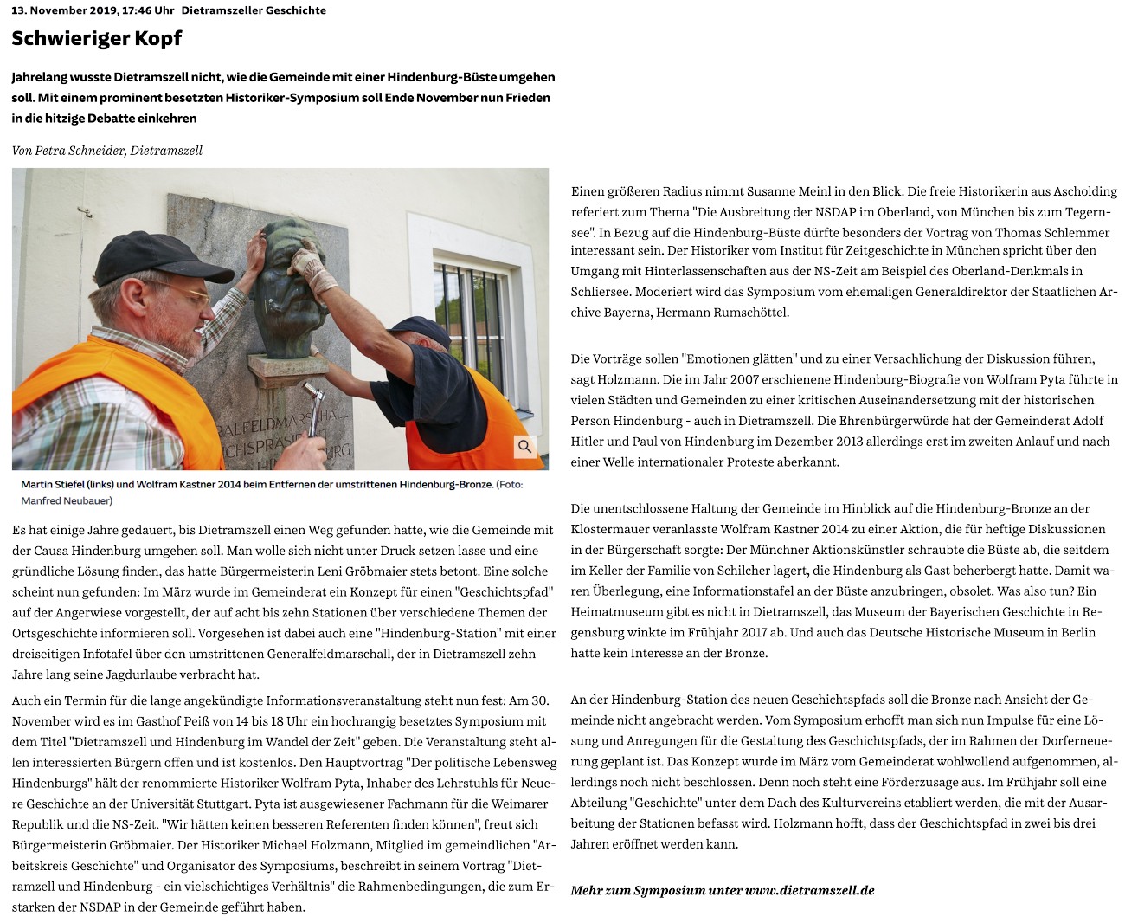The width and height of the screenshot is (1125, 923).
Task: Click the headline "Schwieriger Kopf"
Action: [97, 39]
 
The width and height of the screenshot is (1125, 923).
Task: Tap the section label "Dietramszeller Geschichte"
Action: [254, 10]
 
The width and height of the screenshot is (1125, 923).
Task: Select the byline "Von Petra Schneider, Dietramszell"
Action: [107, 151]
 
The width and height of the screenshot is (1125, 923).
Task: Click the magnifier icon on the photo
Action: [524, 447]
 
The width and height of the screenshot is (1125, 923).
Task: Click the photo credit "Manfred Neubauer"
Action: [67, 500]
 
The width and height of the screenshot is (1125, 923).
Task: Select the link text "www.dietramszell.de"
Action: [809, 890]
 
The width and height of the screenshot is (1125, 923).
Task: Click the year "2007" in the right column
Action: [744, 379]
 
